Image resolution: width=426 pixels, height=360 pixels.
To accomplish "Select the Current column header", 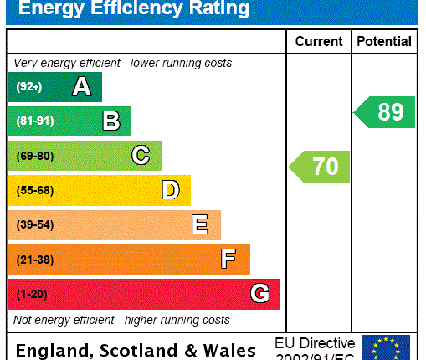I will tap(319, 41).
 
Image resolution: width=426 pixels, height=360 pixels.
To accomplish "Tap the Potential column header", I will tap(384, 41).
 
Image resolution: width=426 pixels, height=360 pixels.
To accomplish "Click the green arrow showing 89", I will tap(386, 111).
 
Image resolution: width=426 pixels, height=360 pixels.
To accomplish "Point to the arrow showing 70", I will tap(321, 166).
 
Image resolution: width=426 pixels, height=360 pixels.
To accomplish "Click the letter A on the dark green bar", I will tap(81, 87).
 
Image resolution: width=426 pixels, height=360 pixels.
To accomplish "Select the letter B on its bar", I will tap(110, 121).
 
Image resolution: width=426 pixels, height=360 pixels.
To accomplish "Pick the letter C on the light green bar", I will tap(141, 156).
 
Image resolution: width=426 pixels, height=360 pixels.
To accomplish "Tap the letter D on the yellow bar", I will tap(170, 190).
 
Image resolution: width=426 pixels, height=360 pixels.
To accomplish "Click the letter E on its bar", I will tap(200, 224).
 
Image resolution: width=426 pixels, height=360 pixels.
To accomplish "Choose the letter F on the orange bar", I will tap(228, 260).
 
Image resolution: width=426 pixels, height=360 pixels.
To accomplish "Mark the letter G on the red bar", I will tap(259, 294).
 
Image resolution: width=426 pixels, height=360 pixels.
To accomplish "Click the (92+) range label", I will tap(28, 87).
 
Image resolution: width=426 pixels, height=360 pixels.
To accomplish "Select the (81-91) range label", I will tap(34, 121).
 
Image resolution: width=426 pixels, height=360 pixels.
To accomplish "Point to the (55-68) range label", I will tap(34, 190).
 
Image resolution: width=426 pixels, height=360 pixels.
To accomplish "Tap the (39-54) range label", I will tap(34, 225).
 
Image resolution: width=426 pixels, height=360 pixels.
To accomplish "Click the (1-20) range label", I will tap(32, 294).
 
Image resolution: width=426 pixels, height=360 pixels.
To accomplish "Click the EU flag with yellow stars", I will tap(386, 347).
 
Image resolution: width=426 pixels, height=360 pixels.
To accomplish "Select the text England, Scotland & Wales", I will tap(136, 350).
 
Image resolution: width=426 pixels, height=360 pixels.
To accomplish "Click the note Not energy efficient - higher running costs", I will tap(121, 320).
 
